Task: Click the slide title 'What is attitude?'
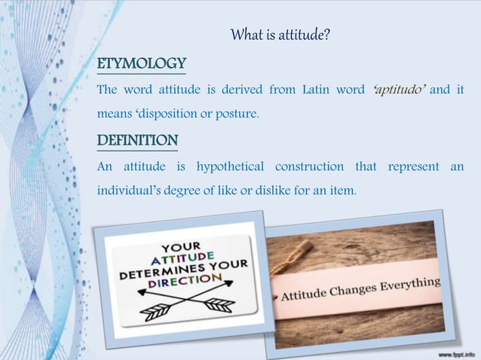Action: (280, 35)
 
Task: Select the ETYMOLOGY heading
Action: (142, 63)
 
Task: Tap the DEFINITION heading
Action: (138, 141)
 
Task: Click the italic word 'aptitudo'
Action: (400, 90)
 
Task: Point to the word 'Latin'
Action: (320, 90)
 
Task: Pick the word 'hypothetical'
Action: (230, 166)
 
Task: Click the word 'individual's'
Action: (125, 191)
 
